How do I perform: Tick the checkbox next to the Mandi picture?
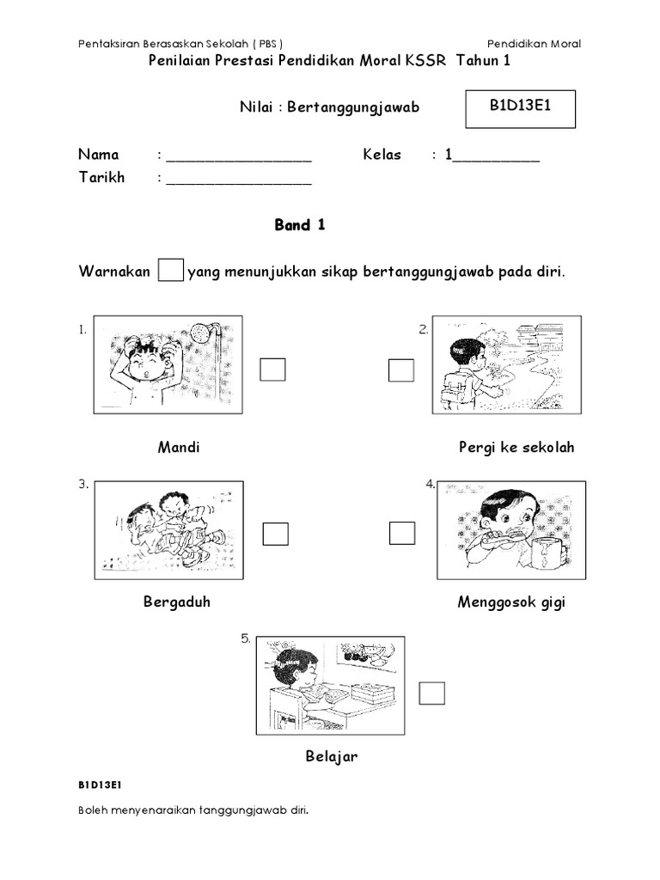click(x=273, y=370)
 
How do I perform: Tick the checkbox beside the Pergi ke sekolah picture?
click(x=401, y=370)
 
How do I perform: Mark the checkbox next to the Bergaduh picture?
click(x=276, y=534)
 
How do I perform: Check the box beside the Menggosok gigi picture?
click(x=402, y=533)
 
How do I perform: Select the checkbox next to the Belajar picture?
click(x=432, y=693)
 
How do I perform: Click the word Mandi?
click(x=179, y=448)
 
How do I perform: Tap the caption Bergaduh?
click(x=177, y=602)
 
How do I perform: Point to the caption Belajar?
click(x=331, y=757)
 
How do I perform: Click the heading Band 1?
click(x=299, y=225)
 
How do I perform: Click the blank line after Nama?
click(x=239, y=157)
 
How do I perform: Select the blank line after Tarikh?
click(x=239, y=180)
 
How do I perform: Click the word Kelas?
click(x=382, y=156)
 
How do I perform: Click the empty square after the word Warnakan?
click(x=172, y=272)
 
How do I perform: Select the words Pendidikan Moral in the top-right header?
click(x=534, y=44)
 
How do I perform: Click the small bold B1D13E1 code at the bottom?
click(x=101, y=785)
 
